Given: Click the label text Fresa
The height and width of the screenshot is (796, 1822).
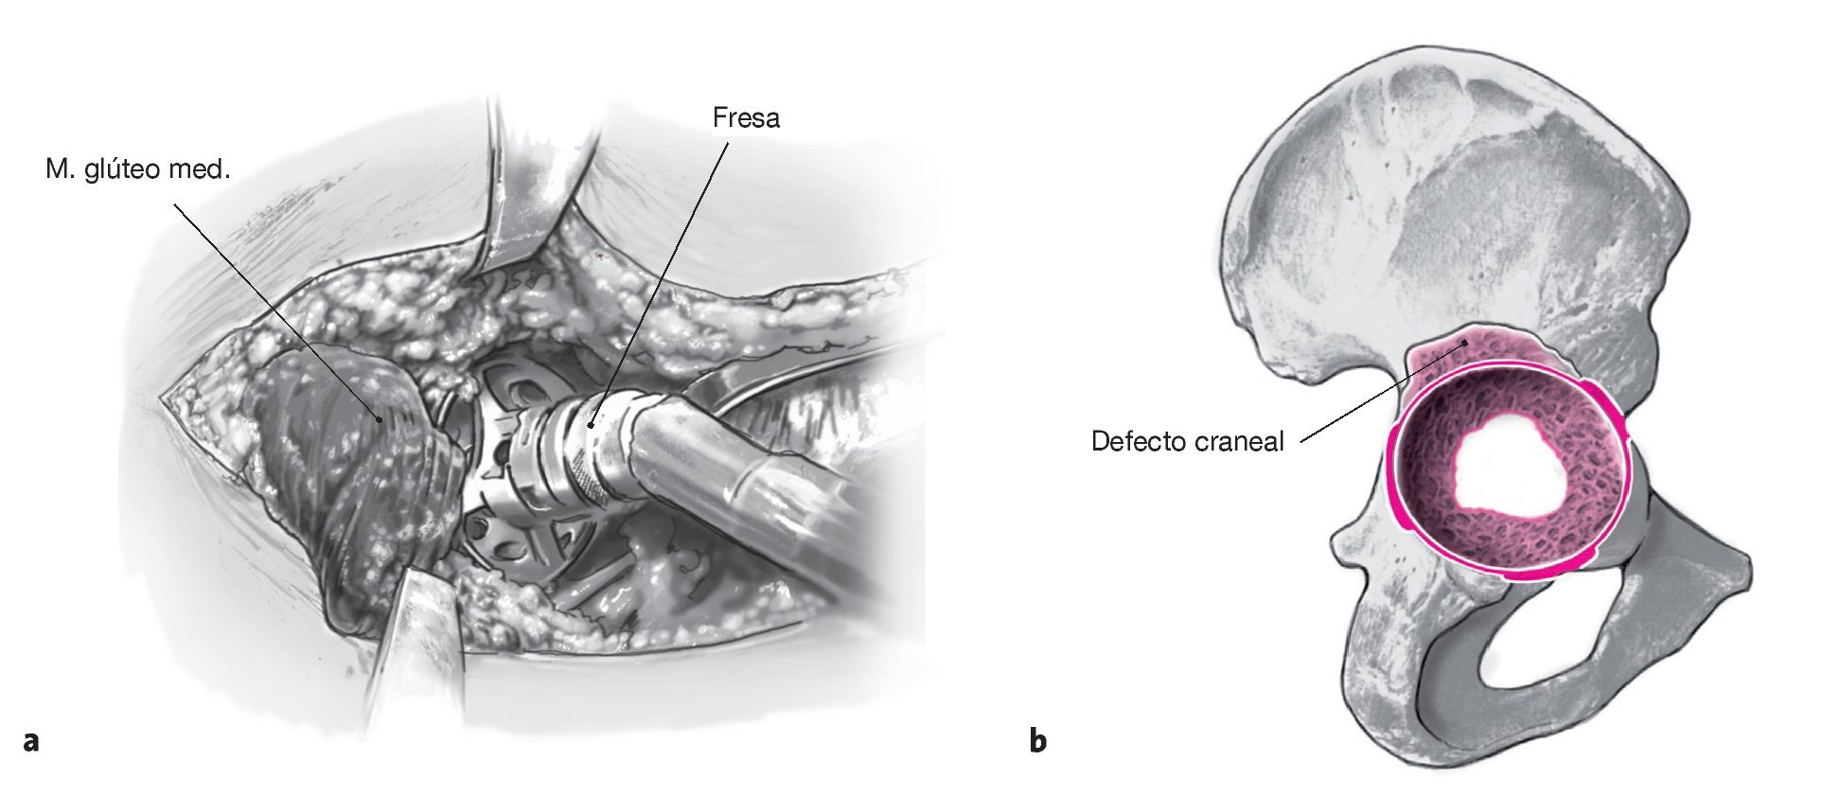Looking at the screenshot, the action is [x=746, y=118].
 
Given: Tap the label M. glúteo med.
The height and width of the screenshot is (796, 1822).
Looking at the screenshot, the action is [x=138, y=170].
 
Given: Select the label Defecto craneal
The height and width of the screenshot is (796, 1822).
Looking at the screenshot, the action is [x=1187, y=442].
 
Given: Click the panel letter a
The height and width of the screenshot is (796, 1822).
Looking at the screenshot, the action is [x=31, y=740].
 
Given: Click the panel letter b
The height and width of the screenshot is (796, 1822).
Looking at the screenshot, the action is [x=1038, y=740].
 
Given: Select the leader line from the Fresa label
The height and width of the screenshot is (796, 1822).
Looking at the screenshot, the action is [x=663, y=274].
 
